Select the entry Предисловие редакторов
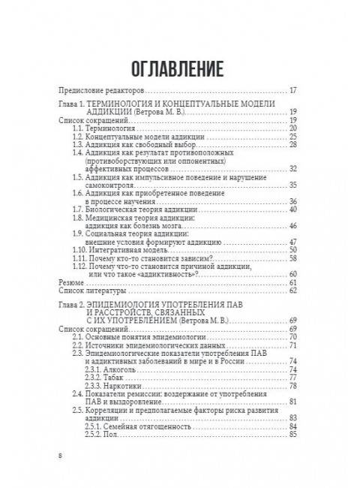point(97,89)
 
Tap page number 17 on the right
point(294,89)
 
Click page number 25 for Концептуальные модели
point(294,137)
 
